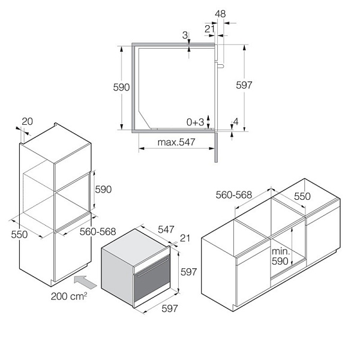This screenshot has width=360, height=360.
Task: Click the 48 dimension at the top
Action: pos(220,14)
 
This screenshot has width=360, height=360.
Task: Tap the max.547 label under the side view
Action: pos(176,142)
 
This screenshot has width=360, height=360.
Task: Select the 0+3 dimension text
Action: pos(195,122)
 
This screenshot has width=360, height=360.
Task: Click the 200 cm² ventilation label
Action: pos(69,296)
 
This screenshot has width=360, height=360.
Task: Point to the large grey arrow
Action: pos(86,282)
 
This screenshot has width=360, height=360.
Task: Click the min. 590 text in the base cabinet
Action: pos(281,256)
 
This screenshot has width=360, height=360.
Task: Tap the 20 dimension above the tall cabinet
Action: pos(28,121)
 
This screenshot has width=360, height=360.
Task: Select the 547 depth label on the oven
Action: pos(166,229)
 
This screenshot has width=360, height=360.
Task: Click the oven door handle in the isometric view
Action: pos(152,267)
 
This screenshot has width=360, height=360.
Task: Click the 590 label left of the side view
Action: pos(121,87)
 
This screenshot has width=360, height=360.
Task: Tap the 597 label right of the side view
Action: pos(244,85)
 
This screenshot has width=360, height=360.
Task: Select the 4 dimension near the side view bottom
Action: pos(236,122)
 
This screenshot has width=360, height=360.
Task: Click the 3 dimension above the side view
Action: pos(185,35)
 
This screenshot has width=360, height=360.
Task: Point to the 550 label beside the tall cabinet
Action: pos(19,235)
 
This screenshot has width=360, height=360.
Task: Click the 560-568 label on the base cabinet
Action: pos(234,195)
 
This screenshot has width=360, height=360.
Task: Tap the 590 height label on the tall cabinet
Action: pos(103,190)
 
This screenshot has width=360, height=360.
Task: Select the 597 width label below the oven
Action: pos(170,308)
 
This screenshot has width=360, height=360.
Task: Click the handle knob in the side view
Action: pos(220,66)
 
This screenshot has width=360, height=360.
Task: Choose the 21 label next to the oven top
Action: pos(185,238)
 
